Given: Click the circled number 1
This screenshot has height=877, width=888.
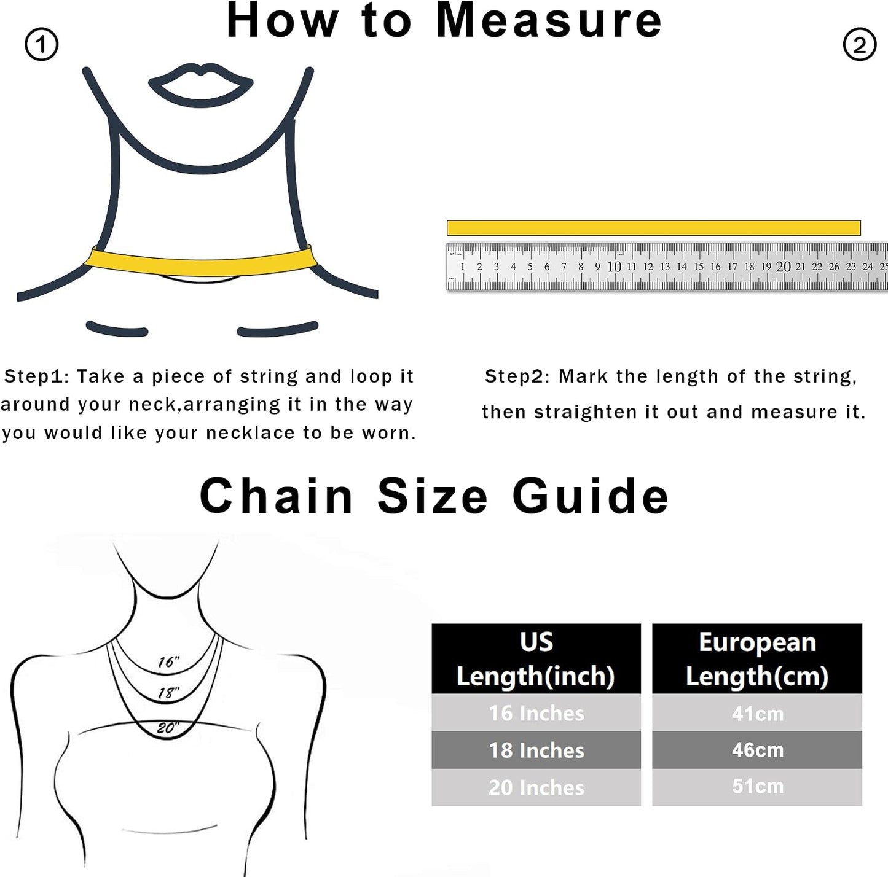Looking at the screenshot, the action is [x=41, y=45].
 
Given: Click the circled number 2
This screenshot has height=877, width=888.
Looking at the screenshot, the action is [x=860, y=45].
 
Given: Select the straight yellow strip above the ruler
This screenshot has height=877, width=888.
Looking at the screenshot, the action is [x=653, y=228].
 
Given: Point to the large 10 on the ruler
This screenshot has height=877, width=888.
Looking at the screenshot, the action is [x=614, y=267].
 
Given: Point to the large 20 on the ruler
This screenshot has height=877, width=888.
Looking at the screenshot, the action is [x=783, y=267].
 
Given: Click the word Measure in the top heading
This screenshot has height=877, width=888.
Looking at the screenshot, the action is [x=548, y=21].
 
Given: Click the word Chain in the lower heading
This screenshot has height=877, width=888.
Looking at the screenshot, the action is [x=277, y=496].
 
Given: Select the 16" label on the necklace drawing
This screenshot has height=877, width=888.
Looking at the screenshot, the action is [x=168, y=662].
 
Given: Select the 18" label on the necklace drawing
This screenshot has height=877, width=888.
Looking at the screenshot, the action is [x=168, y=693].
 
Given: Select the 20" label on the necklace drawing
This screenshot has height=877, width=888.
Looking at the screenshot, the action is [x=168, y=728].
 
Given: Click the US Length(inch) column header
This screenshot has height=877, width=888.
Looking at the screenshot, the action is [x=536, y=658].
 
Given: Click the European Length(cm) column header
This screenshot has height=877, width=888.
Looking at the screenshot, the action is [x=757, y=658].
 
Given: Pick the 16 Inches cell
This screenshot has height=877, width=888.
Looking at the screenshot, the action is [x=536, y=712].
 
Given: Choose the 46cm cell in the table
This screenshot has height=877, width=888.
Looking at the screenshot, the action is [x=757, y=750].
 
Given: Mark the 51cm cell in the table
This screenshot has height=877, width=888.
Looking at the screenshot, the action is [x=757, y=787].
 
